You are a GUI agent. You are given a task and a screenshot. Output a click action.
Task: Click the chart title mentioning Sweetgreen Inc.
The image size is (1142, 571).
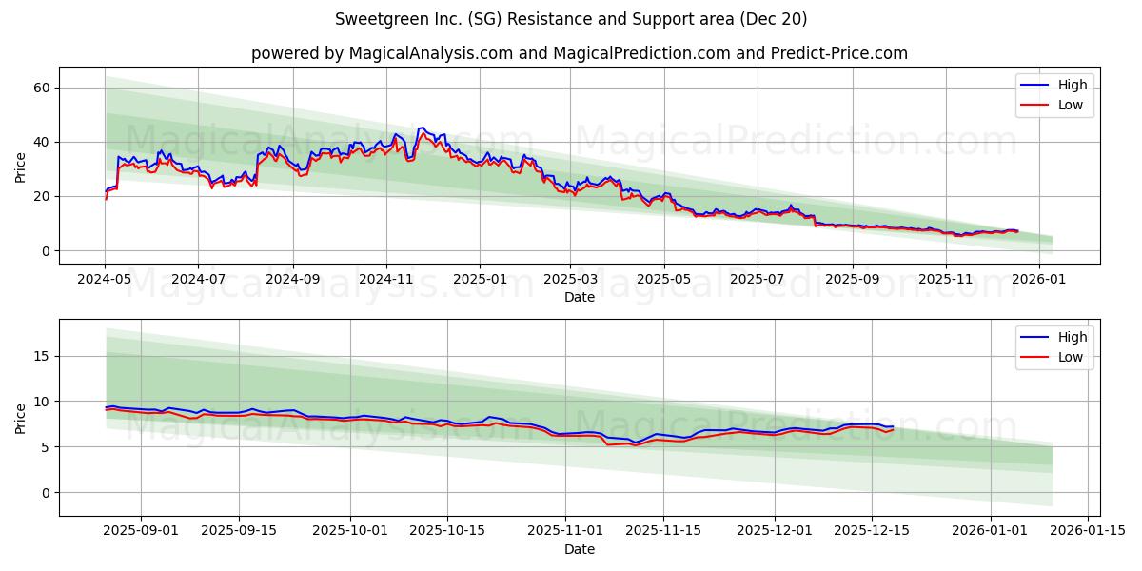click(571, 19)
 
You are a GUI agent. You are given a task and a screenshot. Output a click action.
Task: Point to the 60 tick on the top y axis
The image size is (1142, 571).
click(42, 88)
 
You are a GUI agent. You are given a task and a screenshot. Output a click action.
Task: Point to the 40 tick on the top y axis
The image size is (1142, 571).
click(42, 142)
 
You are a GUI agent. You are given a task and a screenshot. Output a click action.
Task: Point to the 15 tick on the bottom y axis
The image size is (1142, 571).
click(42, 356)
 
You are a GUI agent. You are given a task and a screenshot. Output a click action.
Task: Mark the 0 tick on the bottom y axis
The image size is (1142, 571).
click(46, 493)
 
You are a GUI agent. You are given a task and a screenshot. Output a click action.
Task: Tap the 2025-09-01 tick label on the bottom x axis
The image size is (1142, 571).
click(141, 530)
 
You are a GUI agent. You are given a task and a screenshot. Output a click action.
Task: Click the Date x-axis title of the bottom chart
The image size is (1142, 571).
click(579, 549)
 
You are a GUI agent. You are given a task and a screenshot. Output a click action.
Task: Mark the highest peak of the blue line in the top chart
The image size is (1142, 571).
click(422, 128)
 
